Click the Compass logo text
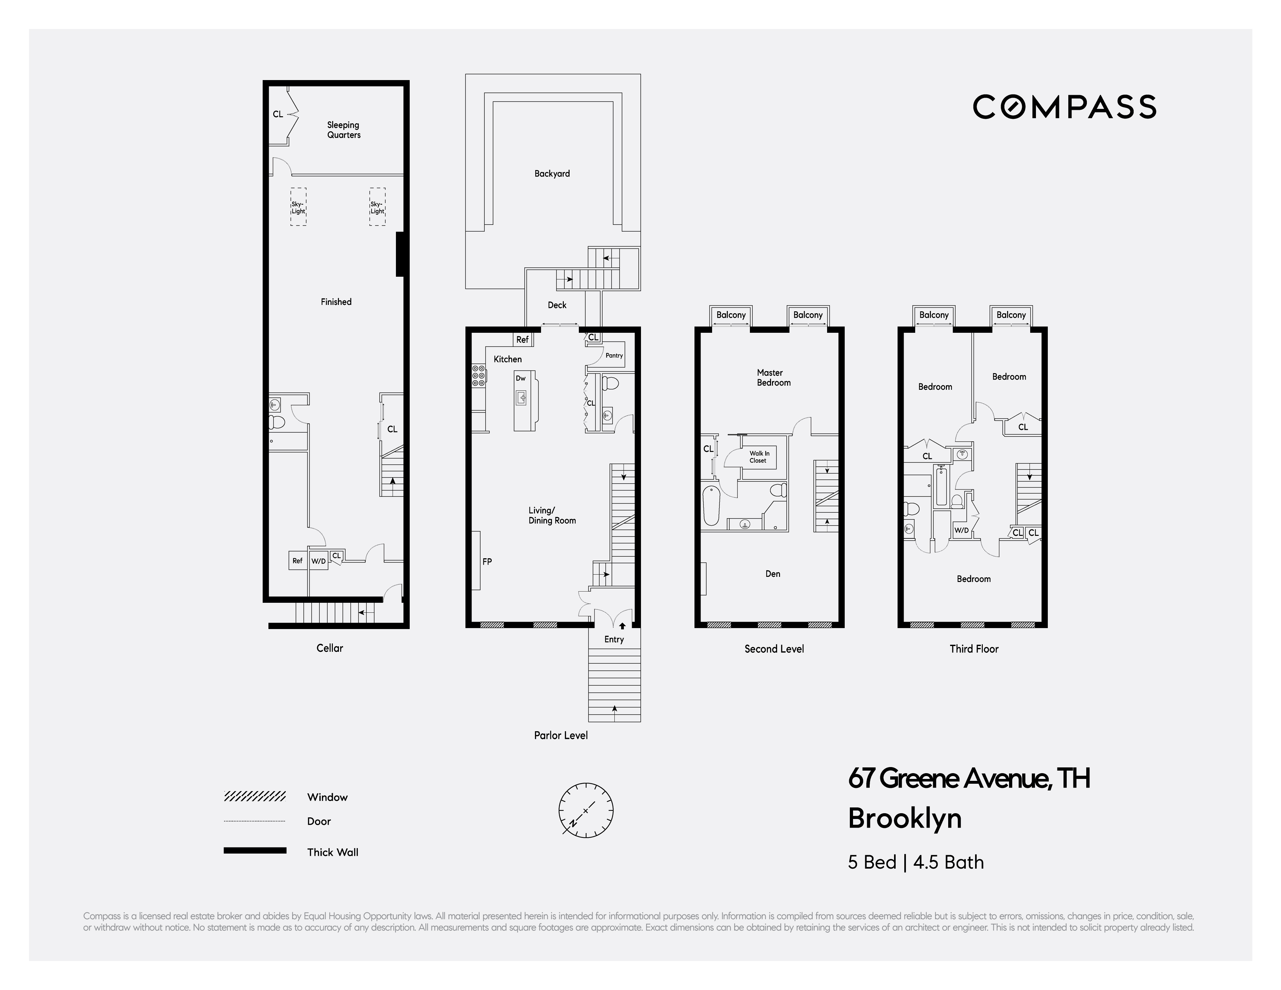[1064, 107]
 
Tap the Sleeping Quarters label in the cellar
[344, 130]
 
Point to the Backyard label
[552, 174]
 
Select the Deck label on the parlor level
[557, 305]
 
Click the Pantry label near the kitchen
[614, 356]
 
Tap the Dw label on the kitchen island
[520, 378]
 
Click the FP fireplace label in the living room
[487, 561]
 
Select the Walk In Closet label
[759, 457]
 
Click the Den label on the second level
[772, 574]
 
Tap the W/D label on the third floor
[961, 530]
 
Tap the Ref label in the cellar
[297, 561]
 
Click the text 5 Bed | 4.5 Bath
[916, 862]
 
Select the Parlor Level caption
[560, 735]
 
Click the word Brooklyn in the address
[904, 818]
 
